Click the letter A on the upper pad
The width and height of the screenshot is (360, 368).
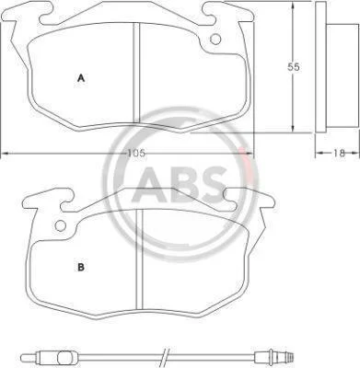[81, 78]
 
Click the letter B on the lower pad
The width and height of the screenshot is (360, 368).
[81, 267]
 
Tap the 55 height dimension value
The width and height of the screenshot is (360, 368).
[293, 67]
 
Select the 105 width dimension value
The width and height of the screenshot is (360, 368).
[136, 153]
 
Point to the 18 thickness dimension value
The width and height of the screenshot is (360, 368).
[339, 153]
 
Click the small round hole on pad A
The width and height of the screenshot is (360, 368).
[215, 39]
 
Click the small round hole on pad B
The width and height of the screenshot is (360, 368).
[61, 226]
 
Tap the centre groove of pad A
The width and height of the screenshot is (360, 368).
[136, 73]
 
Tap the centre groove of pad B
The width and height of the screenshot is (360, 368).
[140, 259]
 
